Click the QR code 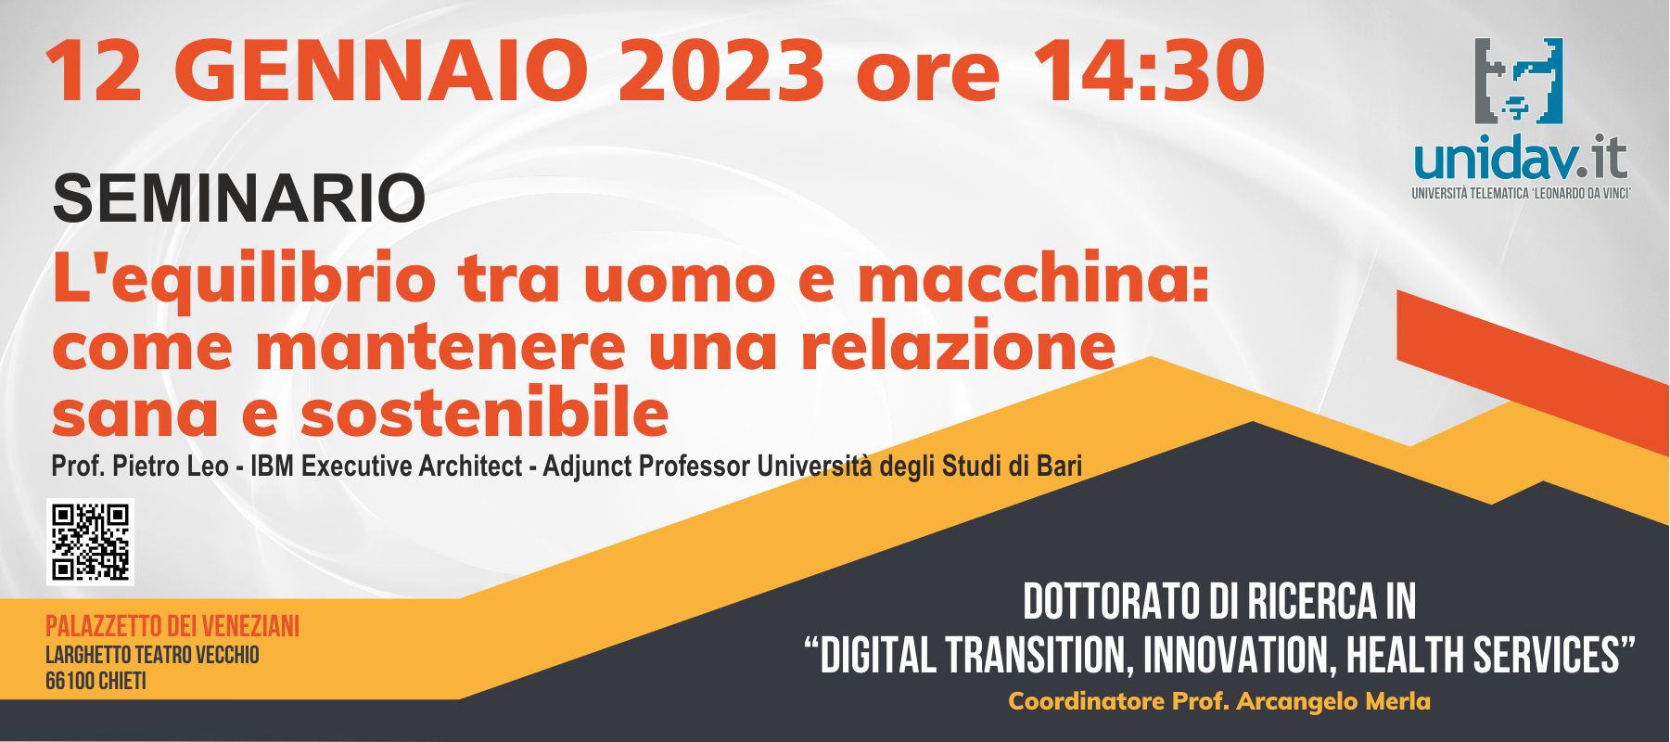(90, 542)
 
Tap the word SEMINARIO (239, 198)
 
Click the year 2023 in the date (720, 70)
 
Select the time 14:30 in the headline (1148, 70)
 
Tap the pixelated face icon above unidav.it (1520, 81)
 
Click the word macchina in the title (1034, 278)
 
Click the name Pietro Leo (170, 466)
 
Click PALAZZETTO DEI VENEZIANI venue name (172, 626)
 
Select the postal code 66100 (68, 682)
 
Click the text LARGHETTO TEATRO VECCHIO (152, 655)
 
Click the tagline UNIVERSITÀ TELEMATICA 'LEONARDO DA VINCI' (1521, 193)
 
